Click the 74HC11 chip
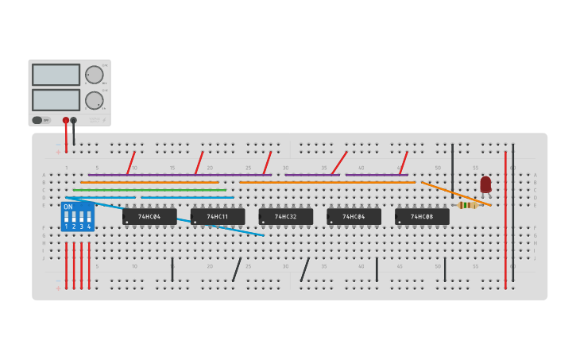click(217, 216)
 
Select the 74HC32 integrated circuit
click(285, 216)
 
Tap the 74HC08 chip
click(422, 216)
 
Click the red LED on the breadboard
click(485, 184)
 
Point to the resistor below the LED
click(469, 205)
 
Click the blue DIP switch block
click(77, 217)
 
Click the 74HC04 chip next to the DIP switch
click(149, 216)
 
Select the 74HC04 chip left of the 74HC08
click(354, 216)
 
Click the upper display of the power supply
click(56, 75)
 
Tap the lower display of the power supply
click(56, 100)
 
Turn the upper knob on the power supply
click(95, 75)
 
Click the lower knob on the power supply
click(95, 100)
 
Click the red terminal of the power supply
click(66, 120)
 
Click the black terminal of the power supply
click(74, 120)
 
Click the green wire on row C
click(151, 190)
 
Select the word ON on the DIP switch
click(68, 207)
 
